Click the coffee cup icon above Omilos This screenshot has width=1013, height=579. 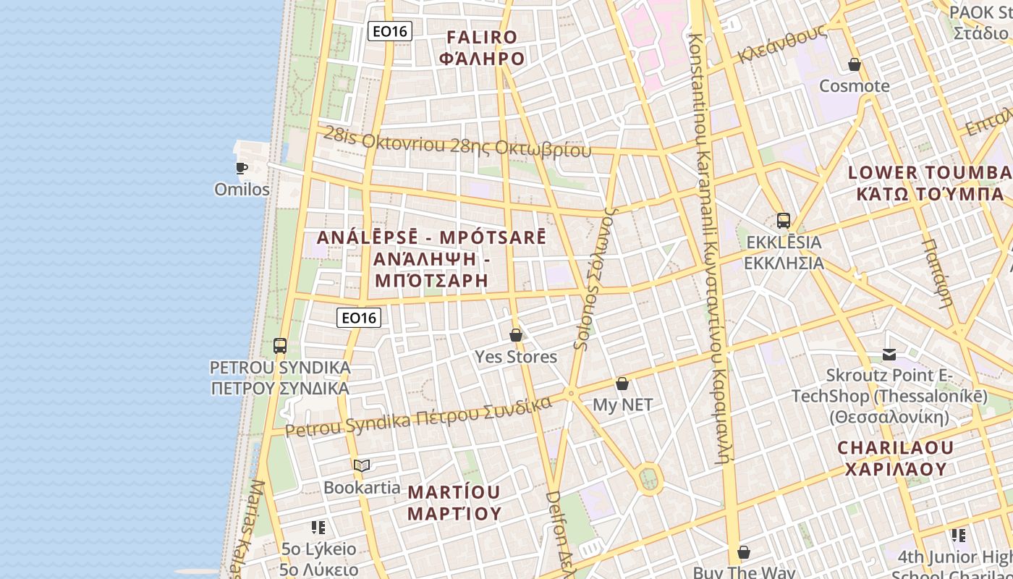click(242, 169)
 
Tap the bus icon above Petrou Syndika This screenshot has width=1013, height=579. click(280, 346)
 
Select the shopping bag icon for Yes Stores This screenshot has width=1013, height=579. click(516, 335)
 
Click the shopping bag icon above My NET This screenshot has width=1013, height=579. click(622, 384)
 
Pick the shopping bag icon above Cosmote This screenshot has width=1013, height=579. click(855, 65)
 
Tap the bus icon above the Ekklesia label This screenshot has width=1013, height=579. click(783, 221)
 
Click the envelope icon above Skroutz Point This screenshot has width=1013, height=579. click(889, 355)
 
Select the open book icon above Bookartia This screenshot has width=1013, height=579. click(362, 466)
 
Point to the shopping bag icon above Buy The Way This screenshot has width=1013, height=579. click(744, 553)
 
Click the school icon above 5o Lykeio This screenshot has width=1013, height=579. click(318, 528)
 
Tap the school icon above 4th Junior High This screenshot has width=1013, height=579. click(959, 536)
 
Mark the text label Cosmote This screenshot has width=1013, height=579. click(855, 86)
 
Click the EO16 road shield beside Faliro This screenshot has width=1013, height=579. click(390, 31)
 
